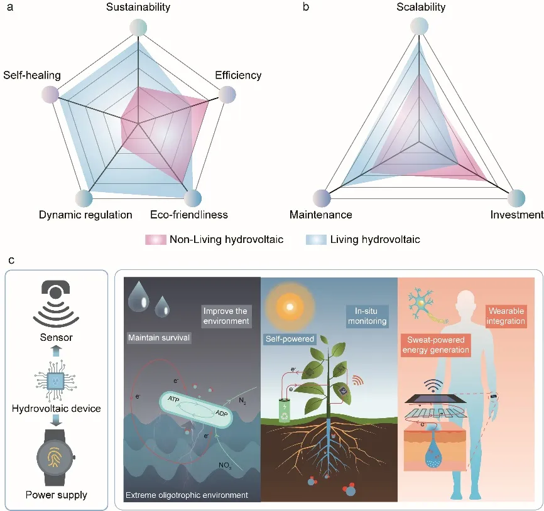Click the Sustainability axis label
[x=138, y=8]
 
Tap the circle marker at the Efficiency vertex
[x=227, y=95]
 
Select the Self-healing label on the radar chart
[x=32, y=75]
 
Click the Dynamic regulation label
[x=85, y=215]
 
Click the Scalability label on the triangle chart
[x=421, y=8]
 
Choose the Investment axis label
[x=516, y=215]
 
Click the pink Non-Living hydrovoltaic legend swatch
[x=155, y=239]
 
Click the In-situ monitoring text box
[x=367, y=316]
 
